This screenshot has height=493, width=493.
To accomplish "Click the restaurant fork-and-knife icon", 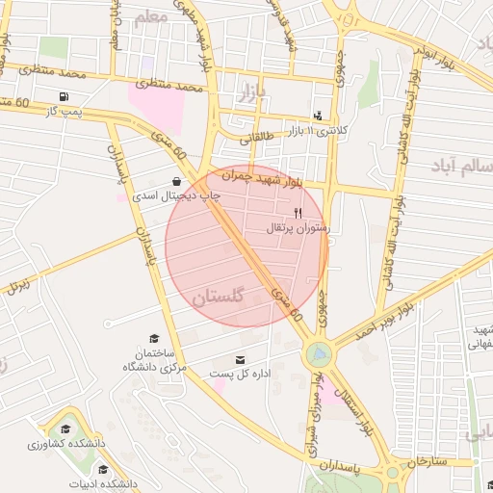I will pos(298,213).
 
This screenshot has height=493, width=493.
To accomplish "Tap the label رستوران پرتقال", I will pos(298,228).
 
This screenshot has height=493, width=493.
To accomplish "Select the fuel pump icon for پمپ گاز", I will pos(64,96).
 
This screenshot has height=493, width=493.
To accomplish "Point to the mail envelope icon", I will pos(240,360).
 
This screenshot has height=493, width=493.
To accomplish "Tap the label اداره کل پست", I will pos(241,374).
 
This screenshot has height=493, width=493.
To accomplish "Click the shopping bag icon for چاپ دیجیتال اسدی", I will pos(175,180).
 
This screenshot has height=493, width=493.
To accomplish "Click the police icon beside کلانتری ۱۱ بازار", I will pos(319,115).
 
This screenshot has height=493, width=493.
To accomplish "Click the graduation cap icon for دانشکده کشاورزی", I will pos(65,429).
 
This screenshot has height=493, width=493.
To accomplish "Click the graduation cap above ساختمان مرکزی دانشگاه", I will pos(152,338).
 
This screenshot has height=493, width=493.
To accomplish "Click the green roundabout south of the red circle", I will pos(317,355).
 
